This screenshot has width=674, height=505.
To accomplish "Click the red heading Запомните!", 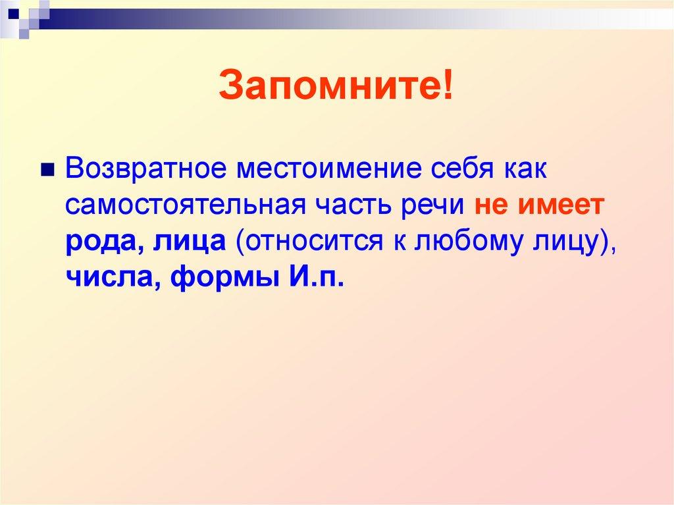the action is (x=336, y=84).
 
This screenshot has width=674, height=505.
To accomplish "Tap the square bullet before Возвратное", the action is (x=47, y=171).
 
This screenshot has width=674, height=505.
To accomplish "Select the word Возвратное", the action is (x=145, y=167).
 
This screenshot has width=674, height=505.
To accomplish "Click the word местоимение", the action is (x=329, y=167).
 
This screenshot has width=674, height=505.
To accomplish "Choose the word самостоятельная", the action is (x=185, y=205).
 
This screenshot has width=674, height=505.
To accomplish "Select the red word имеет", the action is (x=561, y=205).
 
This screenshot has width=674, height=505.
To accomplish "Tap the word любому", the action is (x=468, y=242).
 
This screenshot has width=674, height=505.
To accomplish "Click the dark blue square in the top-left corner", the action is (x=13, y=13).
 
